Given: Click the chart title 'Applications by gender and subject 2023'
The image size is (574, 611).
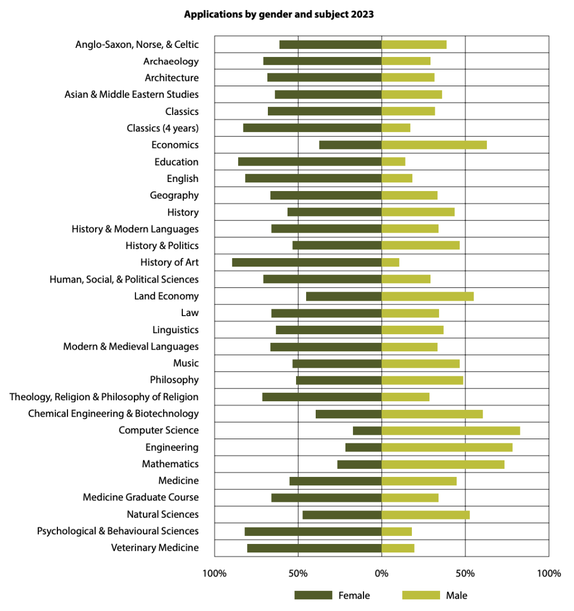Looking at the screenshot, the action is tap(278, 14).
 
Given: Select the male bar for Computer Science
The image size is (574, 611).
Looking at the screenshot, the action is tap(451, 431).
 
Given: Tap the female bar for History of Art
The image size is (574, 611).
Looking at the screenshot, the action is tap(307, 262).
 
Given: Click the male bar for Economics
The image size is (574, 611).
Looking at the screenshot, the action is tap(434, 145).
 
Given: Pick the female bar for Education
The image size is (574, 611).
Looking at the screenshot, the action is tap(310, 162).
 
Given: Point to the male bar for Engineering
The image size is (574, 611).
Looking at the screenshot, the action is tap(447, 447).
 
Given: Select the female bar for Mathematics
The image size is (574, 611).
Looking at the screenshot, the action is tap(360, 464).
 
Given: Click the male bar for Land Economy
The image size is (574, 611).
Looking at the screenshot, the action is tap(428, 296).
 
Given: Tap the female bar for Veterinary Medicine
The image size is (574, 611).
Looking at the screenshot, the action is tap(315, 548).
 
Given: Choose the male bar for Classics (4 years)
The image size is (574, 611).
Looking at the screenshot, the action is tap(396, 128).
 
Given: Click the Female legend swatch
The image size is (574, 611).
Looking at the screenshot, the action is tap(313, 595).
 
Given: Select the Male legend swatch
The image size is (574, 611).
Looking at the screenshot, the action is tap(421, 595).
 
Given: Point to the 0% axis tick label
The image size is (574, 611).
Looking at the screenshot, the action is tap(382, 574).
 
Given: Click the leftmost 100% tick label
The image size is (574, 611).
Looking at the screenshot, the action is tap(214, 574).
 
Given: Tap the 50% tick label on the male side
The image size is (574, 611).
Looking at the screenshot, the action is tap(465, 574).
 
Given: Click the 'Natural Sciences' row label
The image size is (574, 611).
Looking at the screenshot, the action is tap(163, 514).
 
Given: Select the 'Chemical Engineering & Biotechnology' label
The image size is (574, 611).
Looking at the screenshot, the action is tap(113, 414).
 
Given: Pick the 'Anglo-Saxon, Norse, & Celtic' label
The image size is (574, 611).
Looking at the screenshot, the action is tap(137, 44).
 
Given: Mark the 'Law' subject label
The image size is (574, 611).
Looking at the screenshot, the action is tap(190, 313).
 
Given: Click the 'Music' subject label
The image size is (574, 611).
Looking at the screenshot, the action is tap(186, 363).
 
